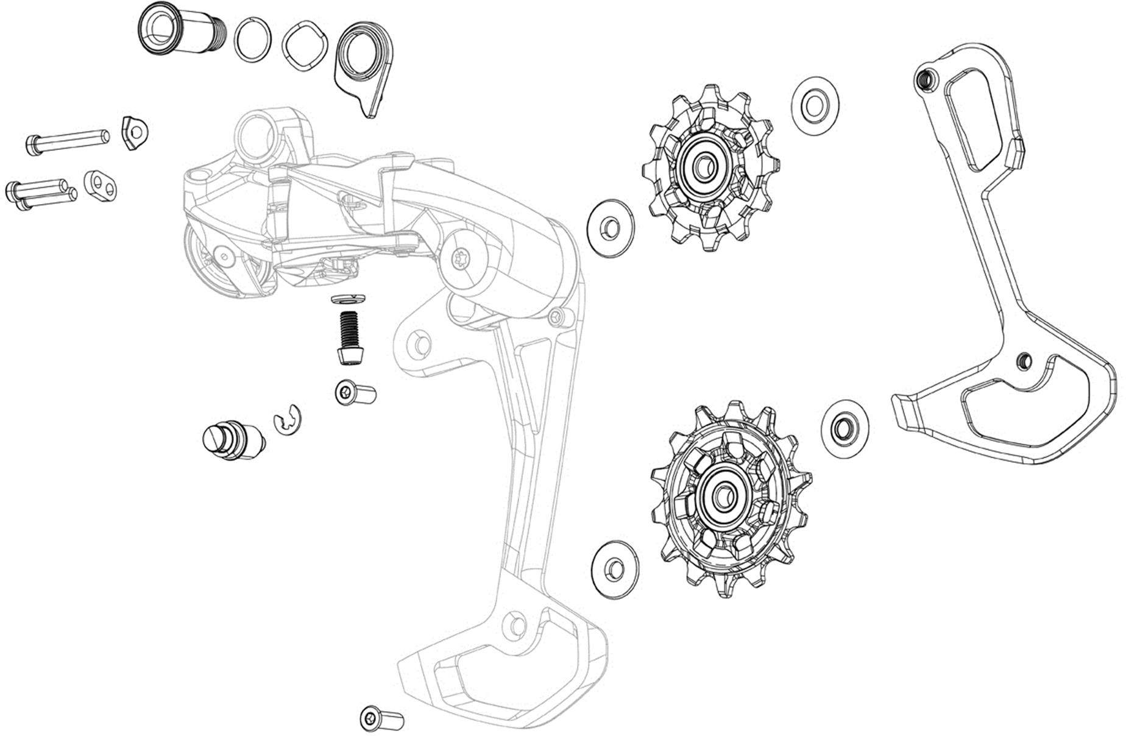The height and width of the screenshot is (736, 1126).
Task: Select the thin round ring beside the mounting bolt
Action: (x=252, y=39)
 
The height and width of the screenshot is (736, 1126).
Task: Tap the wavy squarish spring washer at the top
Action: (x=308, y=48)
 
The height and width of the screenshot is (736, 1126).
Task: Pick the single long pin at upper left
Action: (x=67, y=140)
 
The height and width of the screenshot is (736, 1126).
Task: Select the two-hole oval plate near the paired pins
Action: (x=101, y=186)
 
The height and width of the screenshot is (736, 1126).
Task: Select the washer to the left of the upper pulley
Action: (x=609, y=227)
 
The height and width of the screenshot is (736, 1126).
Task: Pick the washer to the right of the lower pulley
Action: (x=844, y=428)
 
